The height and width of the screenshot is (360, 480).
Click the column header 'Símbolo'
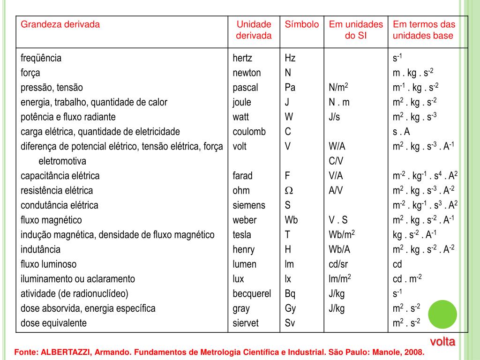[x=302, y=24]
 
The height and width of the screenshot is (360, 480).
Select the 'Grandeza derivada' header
[x=60, y=24]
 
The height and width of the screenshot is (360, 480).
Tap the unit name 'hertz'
[x=242, y=58]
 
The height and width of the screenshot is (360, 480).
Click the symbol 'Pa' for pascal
[x=290, y=88]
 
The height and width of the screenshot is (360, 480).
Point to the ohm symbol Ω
[x=289, y=191]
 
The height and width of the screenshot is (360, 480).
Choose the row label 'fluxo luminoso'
[x=48, y=264]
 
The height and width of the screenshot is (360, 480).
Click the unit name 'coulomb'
[x=249, y=132]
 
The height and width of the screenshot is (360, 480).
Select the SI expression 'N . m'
[x=339, y=102]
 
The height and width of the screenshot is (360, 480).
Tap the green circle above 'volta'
[x=442, y=315]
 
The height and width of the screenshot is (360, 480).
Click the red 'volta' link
[x=443, y=341]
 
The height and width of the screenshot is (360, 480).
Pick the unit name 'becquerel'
[x=252, y=294]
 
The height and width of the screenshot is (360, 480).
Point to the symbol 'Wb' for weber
[x=291, y=220]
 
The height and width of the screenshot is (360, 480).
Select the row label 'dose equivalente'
[x=53, y=323]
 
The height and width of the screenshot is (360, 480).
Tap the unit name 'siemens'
[x=249, y=205]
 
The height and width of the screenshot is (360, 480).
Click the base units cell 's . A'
[x=401, y=132]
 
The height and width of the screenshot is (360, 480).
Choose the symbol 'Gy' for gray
[x=290, y=308]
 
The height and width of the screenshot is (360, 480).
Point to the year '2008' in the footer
[x=413, y=352]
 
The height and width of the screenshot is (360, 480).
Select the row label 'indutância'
[x=40, y=250]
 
